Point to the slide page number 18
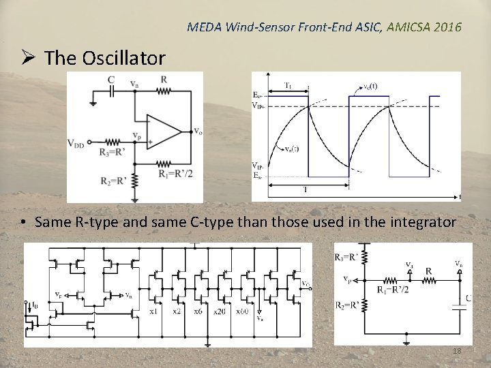[456, 350]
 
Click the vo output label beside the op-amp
[197, 131]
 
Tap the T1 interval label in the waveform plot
[288, 86]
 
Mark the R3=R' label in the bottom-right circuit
[347, 257]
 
